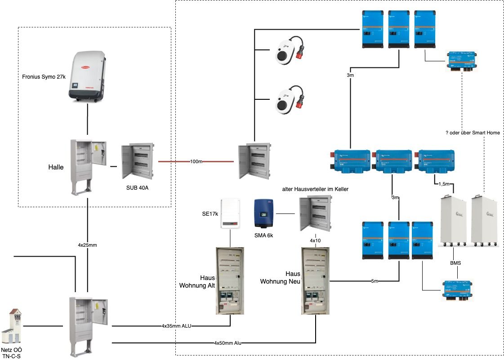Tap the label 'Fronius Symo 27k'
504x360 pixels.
pos(44,77)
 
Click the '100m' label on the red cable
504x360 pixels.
pos(196,161)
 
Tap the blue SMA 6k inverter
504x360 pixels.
pos(263,213)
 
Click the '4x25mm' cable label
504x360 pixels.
pos(88,245)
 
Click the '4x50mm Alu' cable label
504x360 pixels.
pos(227,343)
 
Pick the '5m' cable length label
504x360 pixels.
pos(375,281)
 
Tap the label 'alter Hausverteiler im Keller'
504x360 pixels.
pos(315,189)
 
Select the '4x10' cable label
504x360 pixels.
pos(316,241)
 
